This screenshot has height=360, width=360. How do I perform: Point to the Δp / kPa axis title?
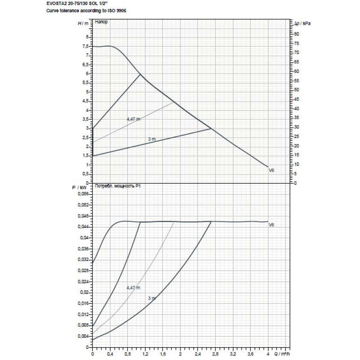[x=300, y=23]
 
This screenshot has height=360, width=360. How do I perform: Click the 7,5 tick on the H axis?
[x=86, y=46]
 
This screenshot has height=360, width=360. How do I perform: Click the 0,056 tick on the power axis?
[x=84, y=194]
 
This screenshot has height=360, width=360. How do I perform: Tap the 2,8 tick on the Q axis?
[x=215, y=355]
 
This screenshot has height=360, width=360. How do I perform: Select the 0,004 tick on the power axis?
[x=84, y=336]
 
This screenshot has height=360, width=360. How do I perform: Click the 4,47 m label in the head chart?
[x=133, y=119]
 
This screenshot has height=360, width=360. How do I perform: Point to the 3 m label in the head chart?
[x=151, y=139]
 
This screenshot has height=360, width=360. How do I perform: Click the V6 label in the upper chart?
[x=271, y=171]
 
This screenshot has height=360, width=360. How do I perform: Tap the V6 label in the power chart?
[x=271, y=225]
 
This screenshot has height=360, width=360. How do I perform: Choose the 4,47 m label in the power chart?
[x=133, y=288]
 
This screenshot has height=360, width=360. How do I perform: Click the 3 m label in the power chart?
[x=151, y=298]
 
